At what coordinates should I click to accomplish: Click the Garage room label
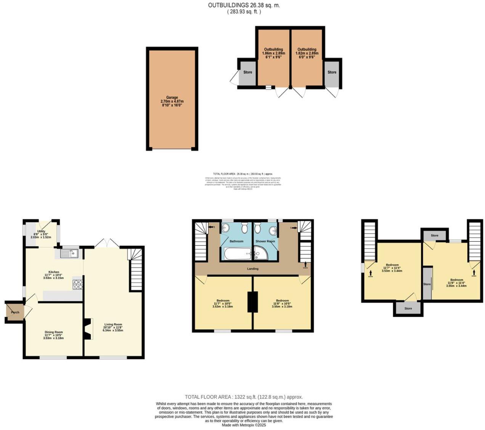click(172, 98)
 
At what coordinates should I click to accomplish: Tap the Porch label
click(15, 312)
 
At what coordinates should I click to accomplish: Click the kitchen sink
click(69, 253)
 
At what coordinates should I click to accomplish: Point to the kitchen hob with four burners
click(78, 284)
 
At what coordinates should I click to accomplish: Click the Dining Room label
click(53, 332)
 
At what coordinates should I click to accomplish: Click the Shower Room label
click(265, 241)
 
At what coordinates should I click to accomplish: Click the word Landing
click(253, 269)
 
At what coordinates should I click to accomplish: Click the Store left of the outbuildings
click(248, 72)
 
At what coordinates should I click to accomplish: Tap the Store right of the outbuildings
click(332, 72)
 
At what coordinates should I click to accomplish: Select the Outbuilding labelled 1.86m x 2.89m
click(274, 50)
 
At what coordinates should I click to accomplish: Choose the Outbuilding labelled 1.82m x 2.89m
click(307, 50)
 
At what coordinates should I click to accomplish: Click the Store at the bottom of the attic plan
click(408, 308)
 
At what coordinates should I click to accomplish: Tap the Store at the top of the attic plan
click(435, 236)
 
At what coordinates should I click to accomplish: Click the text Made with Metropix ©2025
click(244, 425)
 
